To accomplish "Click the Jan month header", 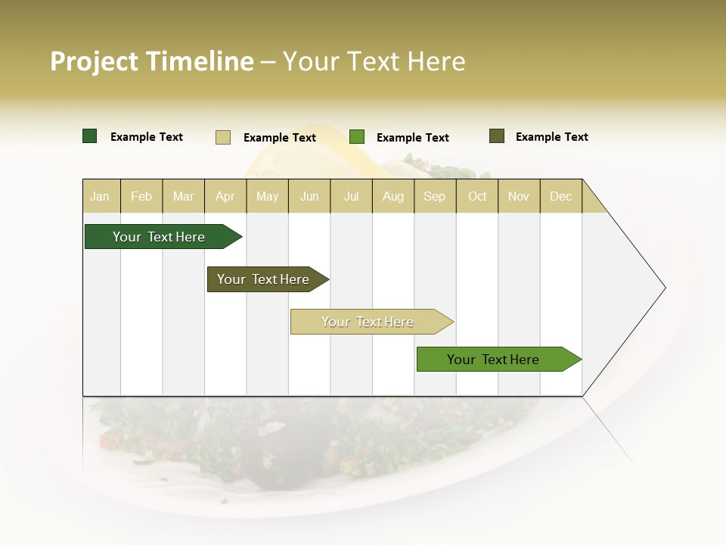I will pyautogui.click(x=100, y=196).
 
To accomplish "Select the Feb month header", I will pyautogui.click(x=141, y=196).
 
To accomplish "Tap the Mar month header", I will pyautogui.click(x=183, y=196).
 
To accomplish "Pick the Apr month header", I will pyautogui.click(x=225, y=196).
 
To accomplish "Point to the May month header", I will pyautogui.click(x=267, y=196).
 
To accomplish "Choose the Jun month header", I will pyautogui.click(x=309, y=196).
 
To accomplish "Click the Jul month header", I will pyautogui.click(x=351, y=196).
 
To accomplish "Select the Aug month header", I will pyautogui.click(x=392, y=196).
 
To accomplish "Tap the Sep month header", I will pyautogui.click(x=434, y=196).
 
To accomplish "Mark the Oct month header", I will pyautogui.click(x=477, y=196).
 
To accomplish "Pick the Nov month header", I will pyautogui.click(x=519, y=196).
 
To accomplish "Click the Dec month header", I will pyautogui.click(x=560, y=196).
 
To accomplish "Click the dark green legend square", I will pyautogui.click(x=90, y=136).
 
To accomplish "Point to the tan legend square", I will pyautogui.click(x=223, y=137).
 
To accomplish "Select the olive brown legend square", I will pyautogui.click(x=497, y=136).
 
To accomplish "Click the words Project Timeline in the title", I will pyautogui.click(x=151, y=61).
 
